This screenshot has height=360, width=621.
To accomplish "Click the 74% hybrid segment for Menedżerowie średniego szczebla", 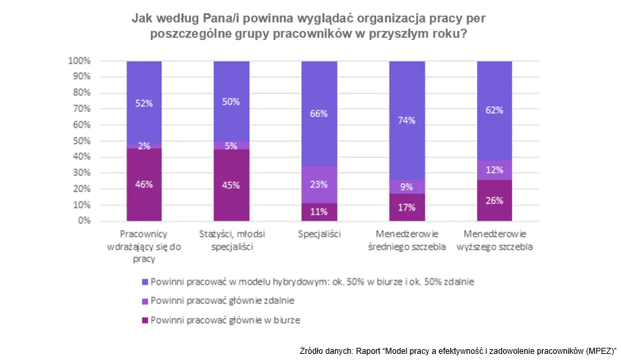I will (407, 120).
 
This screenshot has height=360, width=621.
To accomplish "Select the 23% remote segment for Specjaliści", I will (319, 185).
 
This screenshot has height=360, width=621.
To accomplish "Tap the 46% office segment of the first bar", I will (143, 184).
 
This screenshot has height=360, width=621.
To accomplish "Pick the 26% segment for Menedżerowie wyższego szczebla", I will (494, 200).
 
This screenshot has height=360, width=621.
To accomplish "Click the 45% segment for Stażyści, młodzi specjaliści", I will (231, 185).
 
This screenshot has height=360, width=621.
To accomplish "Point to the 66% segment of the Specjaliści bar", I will (319, 114).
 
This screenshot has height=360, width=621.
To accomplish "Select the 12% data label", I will (494, 170).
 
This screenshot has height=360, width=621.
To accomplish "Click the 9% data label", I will (407, 187).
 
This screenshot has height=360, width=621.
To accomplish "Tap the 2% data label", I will (143, 145).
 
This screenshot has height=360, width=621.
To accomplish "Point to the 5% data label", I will (231, 145).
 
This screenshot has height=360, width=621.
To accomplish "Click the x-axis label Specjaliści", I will (319, 234).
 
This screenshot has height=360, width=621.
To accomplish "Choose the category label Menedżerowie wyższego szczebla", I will (498, 240).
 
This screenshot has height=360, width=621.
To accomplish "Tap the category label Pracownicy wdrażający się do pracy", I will (144, 246).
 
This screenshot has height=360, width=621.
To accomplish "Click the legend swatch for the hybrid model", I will (145, 281).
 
